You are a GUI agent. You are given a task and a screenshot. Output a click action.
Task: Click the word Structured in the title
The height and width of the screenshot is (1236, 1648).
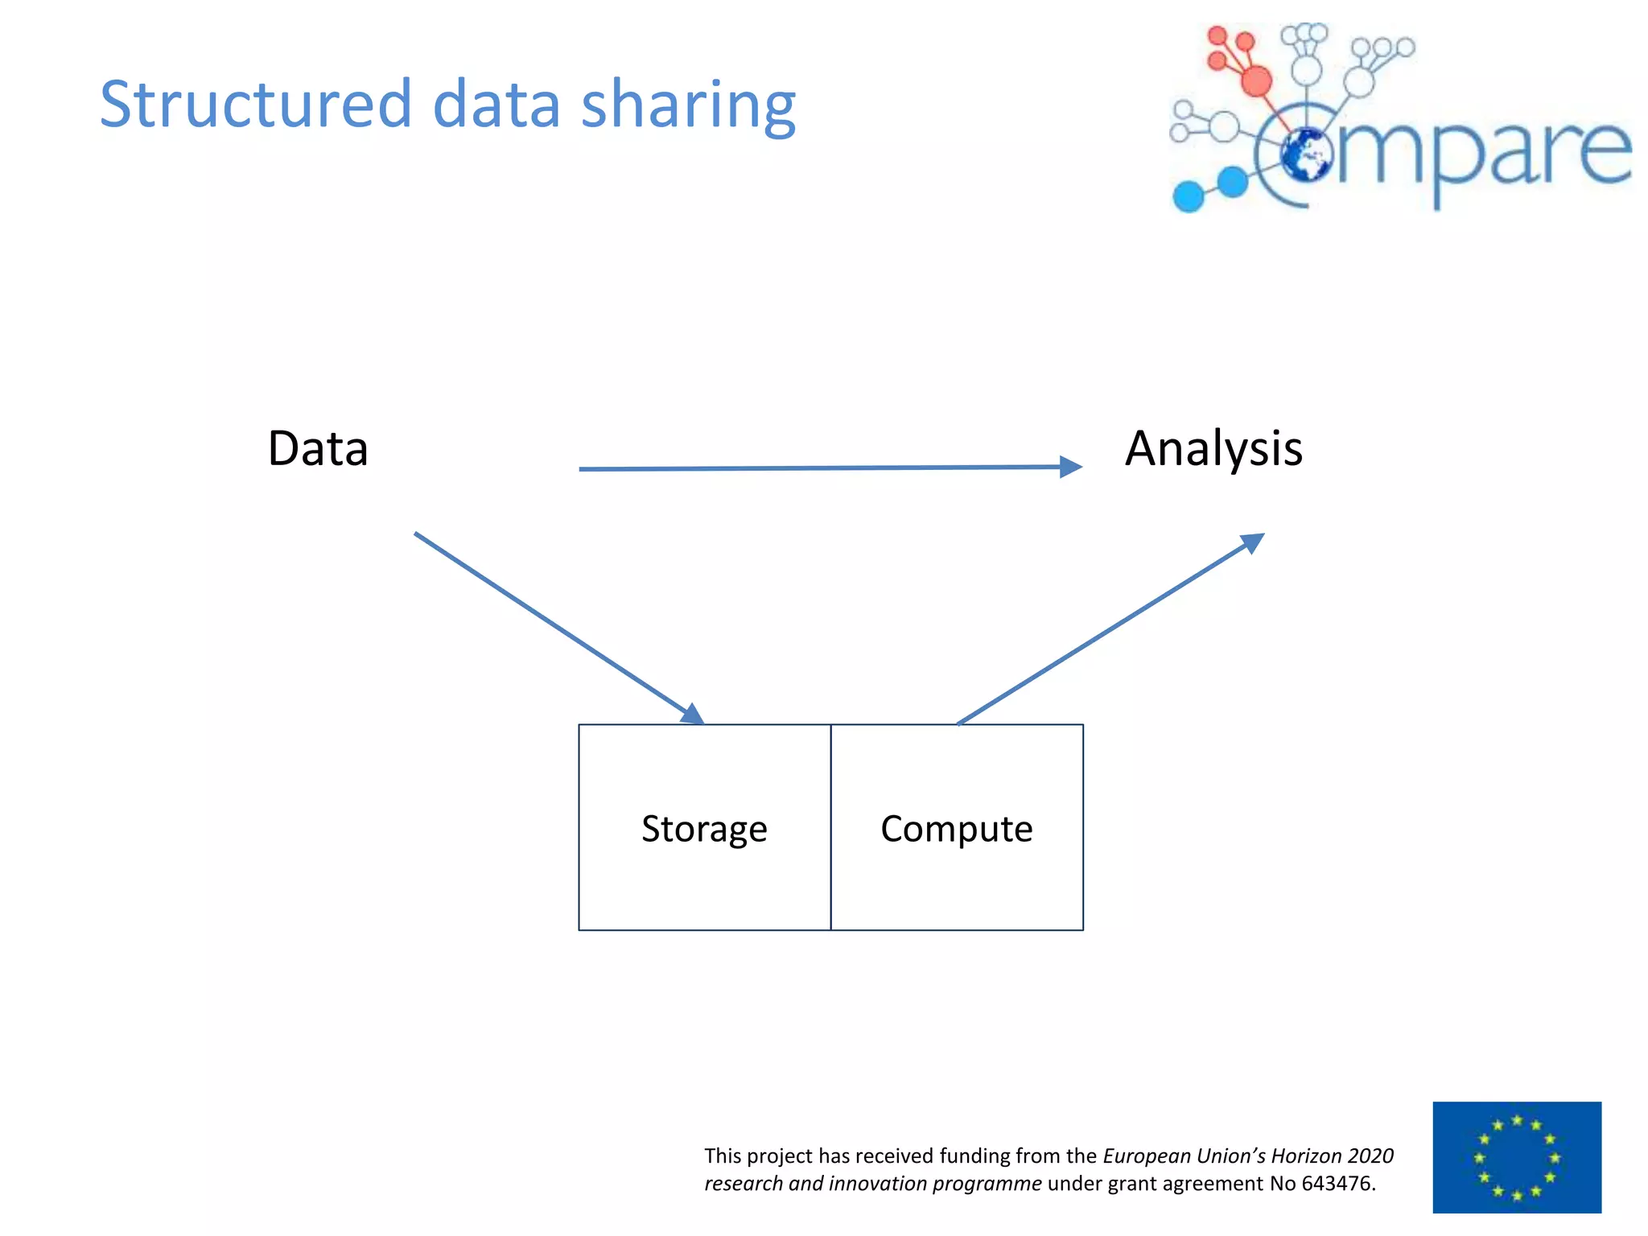tap(255, 105)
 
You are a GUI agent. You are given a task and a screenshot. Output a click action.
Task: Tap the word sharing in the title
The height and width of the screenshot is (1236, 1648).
tap(688, 107)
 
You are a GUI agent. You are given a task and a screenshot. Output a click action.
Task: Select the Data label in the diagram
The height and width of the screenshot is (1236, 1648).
tap(318, 448)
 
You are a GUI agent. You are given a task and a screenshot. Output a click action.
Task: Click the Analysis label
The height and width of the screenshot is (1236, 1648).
tap(1213, 448)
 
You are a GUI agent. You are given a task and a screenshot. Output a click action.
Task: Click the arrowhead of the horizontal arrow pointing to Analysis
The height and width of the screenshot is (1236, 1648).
tap(1071, 467)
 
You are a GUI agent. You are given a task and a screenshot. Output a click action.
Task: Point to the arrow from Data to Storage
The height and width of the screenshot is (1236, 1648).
tap(555, 626)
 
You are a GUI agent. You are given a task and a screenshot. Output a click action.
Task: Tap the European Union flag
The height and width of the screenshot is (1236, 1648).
tap(1517, 1157)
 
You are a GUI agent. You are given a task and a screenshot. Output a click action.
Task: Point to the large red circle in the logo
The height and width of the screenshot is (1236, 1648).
tap(1256, 80)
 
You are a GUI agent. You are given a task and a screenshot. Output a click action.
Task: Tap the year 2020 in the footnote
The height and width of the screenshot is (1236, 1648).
tap(1370, 1156)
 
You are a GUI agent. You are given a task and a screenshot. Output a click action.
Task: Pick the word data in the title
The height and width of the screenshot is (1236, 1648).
tap(496, 105)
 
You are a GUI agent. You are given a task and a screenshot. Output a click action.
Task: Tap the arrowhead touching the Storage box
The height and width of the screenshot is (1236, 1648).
tap(693, 715)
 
